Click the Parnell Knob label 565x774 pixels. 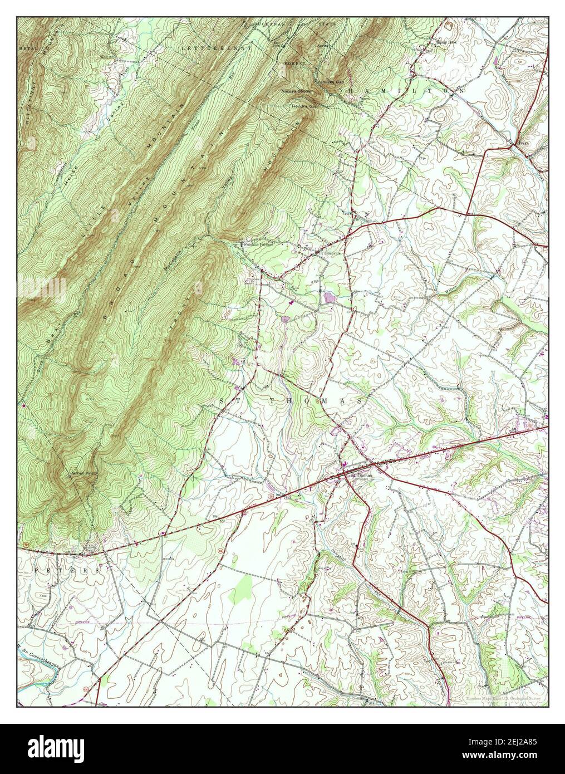84,474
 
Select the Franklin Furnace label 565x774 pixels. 257,244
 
